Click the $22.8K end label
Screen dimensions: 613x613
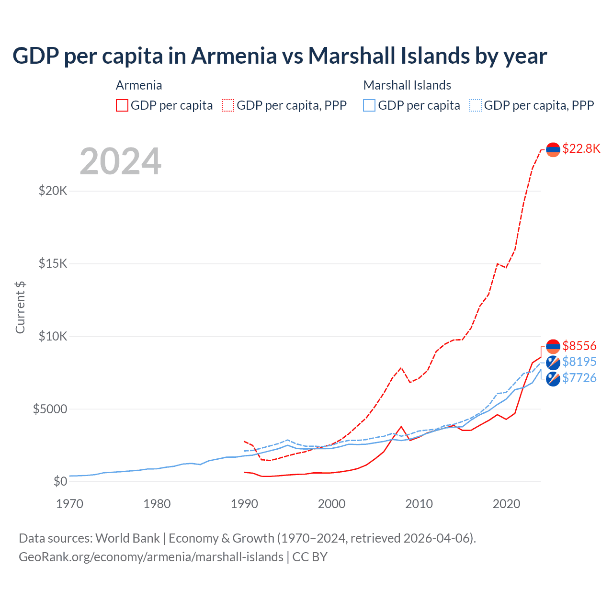click(581, 148)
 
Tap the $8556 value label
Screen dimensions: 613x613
click(579, 346)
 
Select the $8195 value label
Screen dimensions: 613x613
click(579, 362)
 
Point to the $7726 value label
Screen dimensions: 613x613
click(579, 378)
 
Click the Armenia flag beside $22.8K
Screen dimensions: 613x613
click(553, 149)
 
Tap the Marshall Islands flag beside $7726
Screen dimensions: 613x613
click(553, 379)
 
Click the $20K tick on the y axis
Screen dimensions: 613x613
click(53, 191)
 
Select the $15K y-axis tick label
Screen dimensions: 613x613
click(53, 263)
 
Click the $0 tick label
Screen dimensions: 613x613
click(60, 481)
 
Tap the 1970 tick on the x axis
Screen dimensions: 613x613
click(69, 504)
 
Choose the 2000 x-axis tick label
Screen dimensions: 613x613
click(331, 504)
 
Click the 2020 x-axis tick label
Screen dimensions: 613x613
click(506, 504)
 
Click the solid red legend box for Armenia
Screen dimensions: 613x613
click(122, 105)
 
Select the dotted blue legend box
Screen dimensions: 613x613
click(476, 105)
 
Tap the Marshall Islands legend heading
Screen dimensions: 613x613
click(407, 85)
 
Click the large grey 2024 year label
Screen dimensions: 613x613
click(120, 161)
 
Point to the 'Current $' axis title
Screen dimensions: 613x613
click(20, 307)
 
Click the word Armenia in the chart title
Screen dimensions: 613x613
click(234, 56)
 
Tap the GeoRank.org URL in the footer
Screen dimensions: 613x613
click(151, 557)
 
